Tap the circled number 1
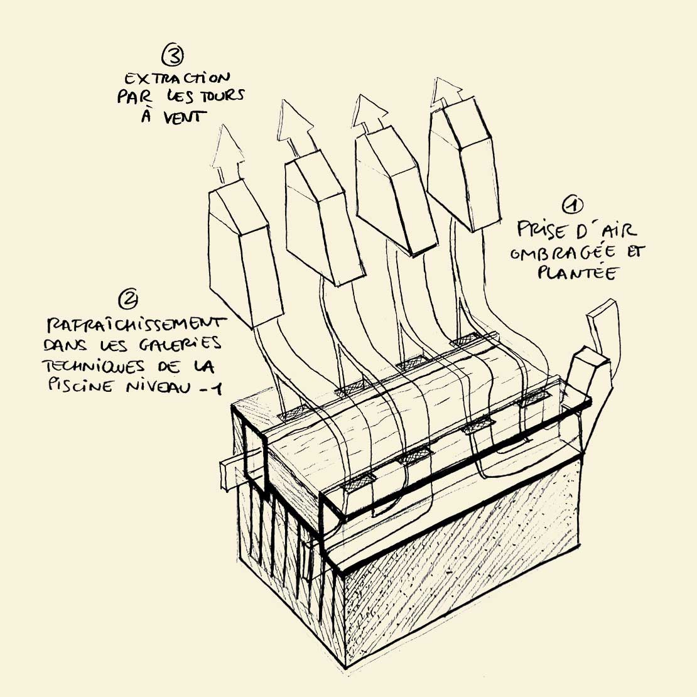(573, 205)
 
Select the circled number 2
(128, 299)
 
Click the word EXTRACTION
(177, 78)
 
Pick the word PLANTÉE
(576, 272)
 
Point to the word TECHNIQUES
(94, 366)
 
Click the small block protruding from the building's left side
(232, 473)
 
